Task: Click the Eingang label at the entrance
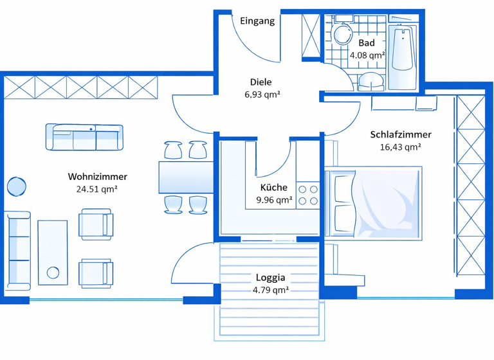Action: point(257,21)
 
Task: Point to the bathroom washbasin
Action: point(371,81)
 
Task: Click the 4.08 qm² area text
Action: point(367,55)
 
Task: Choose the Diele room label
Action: point(261,82)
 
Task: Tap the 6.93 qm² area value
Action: point(262,95)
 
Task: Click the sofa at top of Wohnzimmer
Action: point(84,137)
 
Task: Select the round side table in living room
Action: point(17,187)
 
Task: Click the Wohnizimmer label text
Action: point(97,176)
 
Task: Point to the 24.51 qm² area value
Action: point(96,189)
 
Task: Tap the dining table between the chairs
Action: point(185,177)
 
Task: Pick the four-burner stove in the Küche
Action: point(308,195)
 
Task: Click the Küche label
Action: point(273,187)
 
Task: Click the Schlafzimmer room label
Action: point(400,134)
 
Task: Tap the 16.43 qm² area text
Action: point(400,147)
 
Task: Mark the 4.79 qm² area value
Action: point(270,290)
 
